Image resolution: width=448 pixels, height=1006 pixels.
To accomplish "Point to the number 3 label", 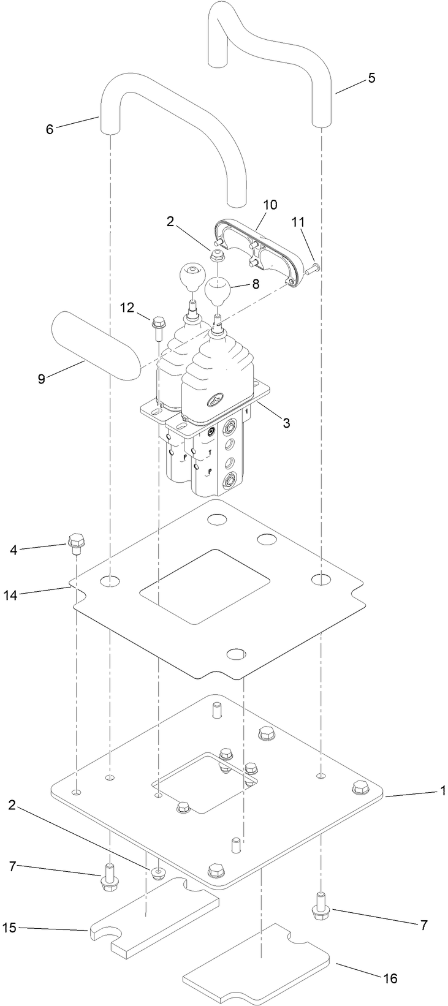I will coord(286,423).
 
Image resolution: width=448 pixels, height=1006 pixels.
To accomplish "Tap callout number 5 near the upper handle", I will coord(371,78).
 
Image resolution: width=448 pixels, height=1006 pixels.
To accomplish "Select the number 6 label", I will coord(50,129).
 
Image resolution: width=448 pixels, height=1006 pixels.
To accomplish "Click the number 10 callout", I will coord(270,204).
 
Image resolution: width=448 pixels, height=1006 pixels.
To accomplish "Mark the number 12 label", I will coord(126,308).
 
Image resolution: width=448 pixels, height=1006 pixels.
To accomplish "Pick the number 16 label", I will coord(390,978).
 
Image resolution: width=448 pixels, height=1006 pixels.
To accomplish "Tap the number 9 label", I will coord(41,379).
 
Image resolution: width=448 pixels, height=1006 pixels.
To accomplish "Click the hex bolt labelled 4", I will coord(75,542).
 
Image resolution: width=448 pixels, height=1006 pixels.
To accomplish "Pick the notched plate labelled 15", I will coord(153,925).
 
